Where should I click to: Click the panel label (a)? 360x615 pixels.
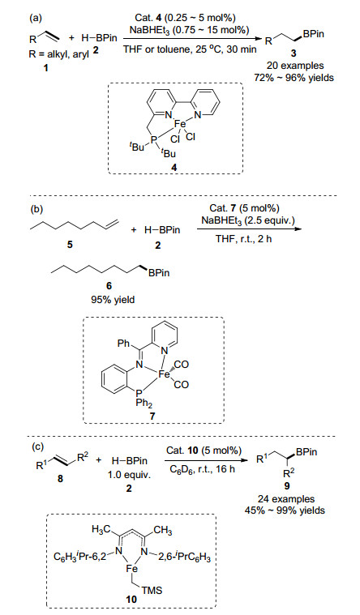[x=36, y=17]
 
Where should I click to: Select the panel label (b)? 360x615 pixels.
[x=36, y=209]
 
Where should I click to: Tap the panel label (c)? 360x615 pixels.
[x=36, y=447]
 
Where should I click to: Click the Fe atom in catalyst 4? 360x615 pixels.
[x=181, y=125]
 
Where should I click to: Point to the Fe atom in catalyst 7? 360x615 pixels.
[x=163, y=374]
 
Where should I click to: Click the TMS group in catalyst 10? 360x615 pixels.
[x=152, y=590]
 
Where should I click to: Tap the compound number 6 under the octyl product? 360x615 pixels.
[x=109, y=287]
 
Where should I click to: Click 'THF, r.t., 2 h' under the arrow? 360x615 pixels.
[x=243, y=238]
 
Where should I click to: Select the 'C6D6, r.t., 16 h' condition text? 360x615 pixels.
[x=202, y=469]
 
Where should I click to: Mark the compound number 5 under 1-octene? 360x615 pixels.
[x=70, y=246]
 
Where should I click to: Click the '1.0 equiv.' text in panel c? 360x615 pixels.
[x=129, y=475]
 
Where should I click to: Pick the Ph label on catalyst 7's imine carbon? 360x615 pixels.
[x=123, y=344]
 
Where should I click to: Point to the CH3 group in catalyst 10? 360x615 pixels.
[x=162, y=531]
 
